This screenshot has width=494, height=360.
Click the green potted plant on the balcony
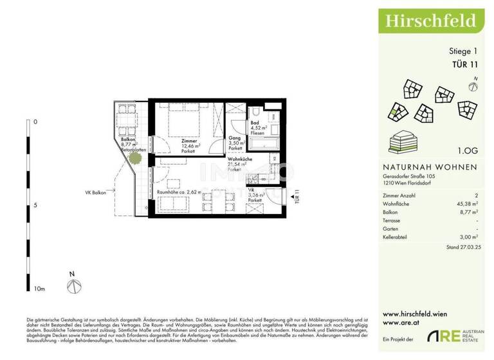135,157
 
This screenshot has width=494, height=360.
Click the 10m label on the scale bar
39,289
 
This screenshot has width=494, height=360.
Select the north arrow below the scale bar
73,283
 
